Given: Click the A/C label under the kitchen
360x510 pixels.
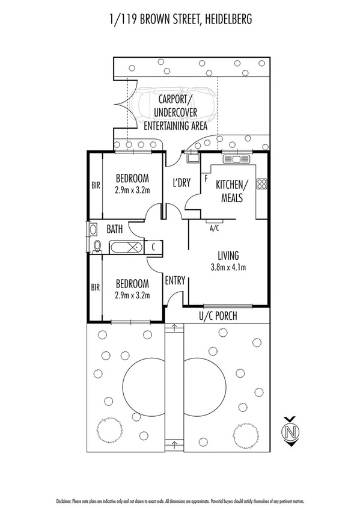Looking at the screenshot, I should (x=213, y=228).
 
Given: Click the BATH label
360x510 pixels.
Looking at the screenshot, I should (x=115, y=229).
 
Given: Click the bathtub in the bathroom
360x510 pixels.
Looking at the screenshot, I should (x=126, y=247).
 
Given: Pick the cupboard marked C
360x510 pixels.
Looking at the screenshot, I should (x=154, y=247).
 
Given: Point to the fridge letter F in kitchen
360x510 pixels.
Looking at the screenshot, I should (x=206, y=178).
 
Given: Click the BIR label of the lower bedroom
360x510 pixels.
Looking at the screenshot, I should (x=95, y=287).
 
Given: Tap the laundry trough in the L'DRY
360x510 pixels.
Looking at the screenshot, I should (x=192, y=158).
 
